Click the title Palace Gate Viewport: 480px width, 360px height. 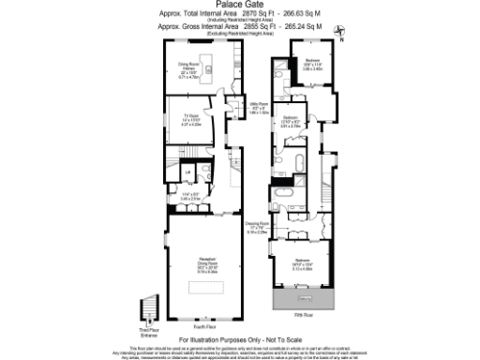coord(240,5)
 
